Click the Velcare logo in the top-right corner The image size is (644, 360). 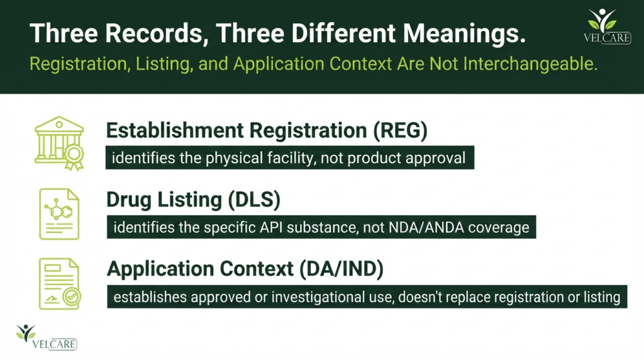click(607, 26)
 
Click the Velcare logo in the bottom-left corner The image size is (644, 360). click(46, 337)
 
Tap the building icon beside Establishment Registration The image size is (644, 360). click(59, 143)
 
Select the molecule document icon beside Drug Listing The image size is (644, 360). click(59, 214)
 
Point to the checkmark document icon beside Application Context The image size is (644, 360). click(60, 284)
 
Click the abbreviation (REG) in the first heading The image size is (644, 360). click(401, 131)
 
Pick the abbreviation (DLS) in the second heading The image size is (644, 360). click(254, 200)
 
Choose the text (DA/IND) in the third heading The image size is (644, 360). click(341, 269)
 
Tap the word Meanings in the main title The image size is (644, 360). click(464, 33)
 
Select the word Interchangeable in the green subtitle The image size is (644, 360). click(530, 64)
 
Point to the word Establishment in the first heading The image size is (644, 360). click(175, 131)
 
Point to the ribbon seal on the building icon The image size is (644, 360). click(74, 157)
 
